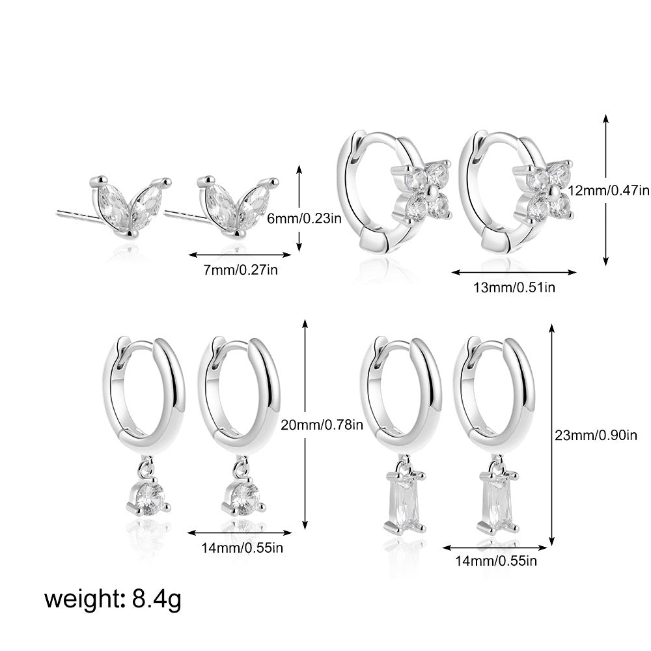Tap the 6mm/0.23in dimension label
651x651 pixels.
click(x=304, y=218)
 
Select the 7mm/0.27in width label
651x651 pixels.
click(x=240, y=270)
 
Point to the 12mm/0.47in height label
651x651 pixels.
click(x=609, y=191)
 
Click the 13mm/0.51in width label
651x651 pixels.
click(x=514, y=287)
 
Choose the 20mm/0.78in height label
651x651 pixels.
click(x=322, y=424)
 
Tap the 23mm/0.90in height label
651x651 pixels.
click(x=596, y=435)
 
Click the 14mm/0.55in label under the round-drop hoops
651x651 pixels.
click(x=242, y=547)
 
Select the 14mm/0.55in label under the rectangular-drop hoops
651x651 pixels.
click(x=496, y=561)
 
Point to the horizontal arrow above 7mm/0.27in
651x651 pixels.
click(x=240, y=255)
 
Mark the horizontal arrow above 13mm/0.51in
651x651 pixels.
click(x=514, y=272)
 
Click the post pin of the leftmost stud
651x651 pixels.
click(x=79, y=217)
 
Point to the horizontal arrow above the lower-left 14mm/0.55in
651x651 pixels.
click(x=240, y=533)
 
